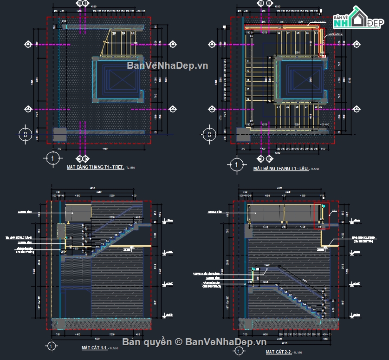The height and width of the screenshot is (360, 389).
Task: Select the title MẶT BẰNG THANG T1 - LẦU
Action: pyautogui.click(x=281, y=168)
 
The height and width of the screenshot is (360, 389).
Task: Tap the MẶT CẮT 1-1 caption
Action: pyautogui.click(x=94, y=347)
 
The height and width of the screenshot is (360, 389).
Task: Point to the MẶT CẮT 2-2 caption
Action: pyautogui.click(x=278, y=352)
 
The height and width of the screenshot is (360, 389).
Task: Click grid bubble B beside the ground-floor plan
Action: pyautogui.click(x=25, y=134)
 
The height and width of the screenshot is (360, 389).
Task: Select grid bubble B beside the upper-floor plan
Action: pyautogui.click(x=209, y=135)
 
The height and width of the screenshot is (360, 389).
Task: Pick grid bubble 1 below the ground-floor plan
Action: pyautogui.click(x=52, y=158)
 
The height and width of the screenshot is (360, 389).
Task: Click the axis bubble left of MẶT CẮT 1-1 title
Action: pyautogui.click(x=51, y=346)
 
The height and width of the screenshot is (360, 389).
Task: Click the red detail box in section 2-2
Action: pyautogui.click(x=321, y=216)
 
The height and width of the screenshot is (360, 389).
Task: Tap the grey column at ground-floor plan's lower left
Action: pyautogui.click(x=60, y=134)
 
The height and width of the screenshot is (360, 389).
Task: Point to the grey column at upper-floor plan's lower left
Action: pyautogui.click(x=243, y=135)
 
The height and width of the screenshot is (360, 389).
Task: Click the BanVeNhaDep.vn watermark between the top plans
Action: pyautogui.click(x=168, y=66)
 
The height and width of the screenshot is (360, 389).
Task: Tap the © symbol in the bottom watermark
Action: pyautogui.click(x=178, y=342)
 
